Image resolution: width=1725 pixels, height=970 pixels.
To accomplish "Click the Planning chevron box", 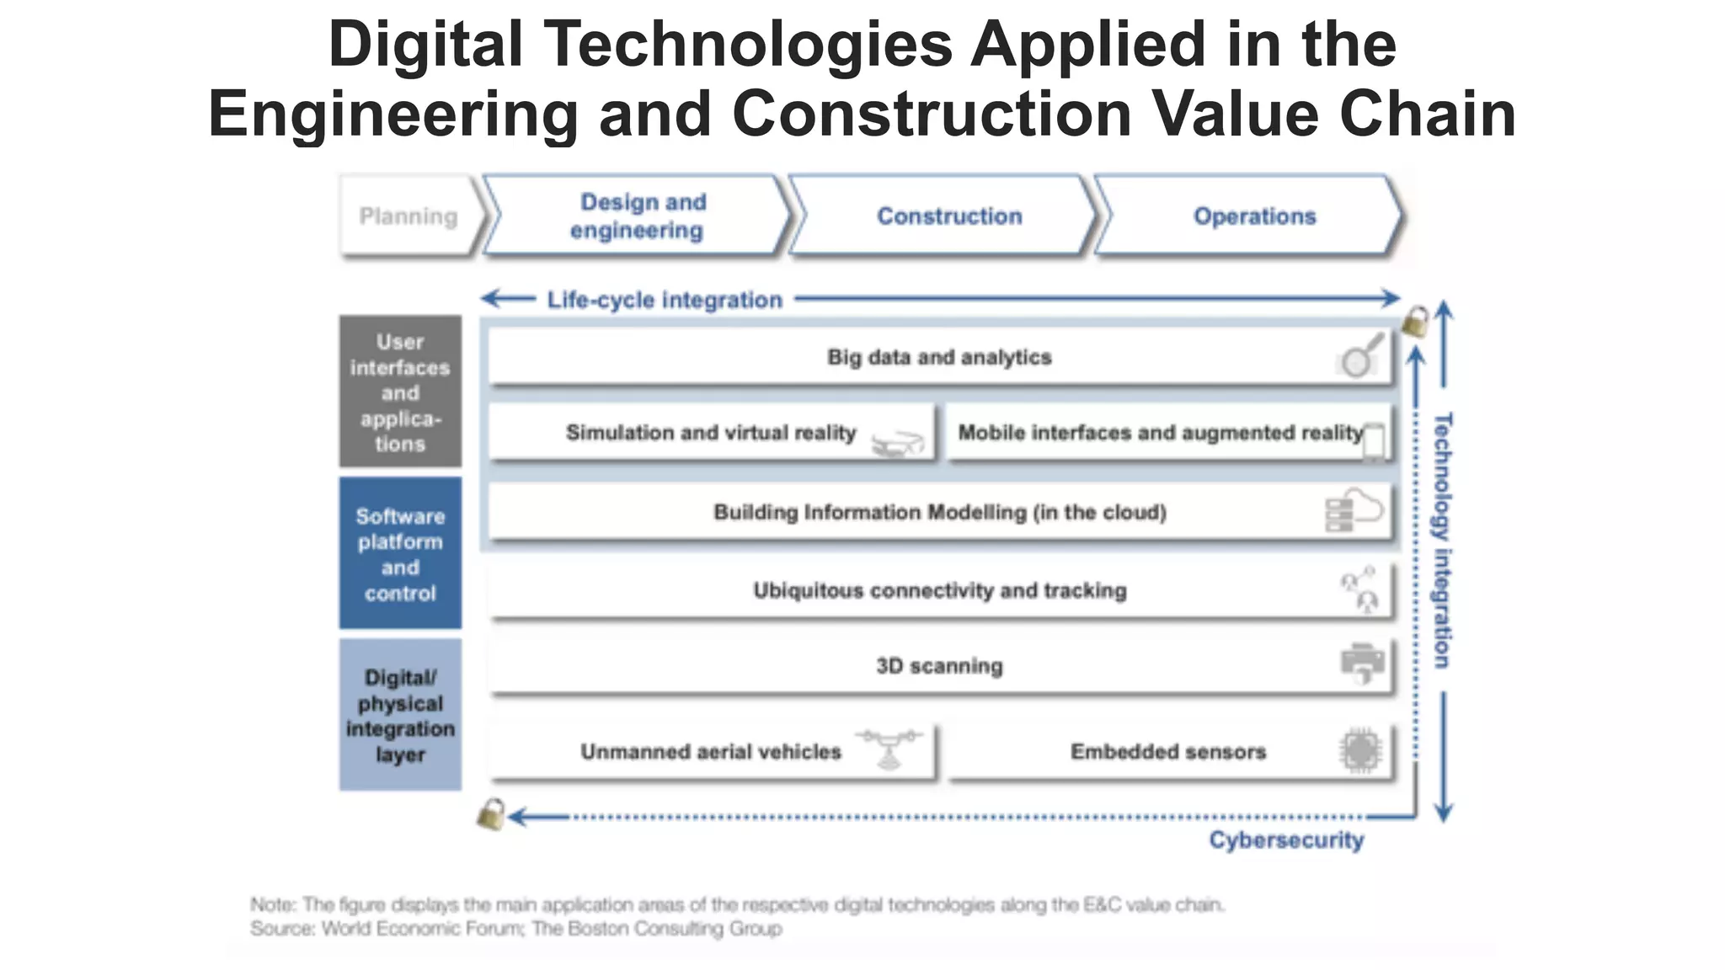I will [409, 216].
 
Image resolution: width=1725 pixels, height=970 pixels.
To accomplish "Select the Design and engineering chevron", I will [638, 216].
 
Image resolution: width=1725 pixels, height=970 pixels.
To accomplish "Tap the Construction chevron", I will [949, 216].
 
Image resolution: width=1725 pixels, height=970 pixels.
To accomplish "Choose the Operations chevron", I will [1254, 216].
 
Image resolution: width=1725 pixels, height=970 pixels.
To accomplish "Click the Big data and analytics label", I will [939, 357].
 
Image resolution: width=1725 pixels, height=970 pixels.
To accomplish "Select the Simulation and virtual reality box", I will [711, 433].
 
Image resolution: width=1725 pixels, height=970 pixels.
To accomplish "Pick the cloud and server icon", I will [1354, 511].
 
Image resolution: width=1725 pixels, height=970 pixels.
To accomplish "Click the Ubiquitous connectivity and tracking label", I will [939, 590].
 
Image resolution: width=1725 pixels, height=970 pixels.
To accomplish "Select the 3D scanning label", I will [939, 666].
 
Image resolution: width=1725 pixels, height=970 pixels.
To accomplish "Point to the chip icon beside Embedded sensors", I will [1360, 749].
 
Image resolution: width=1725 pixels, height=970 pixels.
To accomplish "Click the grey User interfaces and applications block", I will [400, 392].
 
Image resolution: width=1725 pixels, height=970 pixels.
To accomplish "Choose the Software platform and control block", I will [400, 553].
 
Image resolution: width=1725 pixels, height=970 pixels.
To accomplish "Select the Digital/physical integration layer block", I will [400, 715].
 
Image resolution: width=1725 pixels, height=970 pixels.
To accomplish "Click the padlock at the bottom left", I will [491, 814].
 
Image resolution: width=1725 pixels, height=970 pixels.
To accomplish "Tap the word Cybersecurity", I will [1286, 840].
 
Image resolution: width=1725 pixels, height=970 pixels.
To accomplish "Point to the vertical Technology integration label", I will [1443, 541].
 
